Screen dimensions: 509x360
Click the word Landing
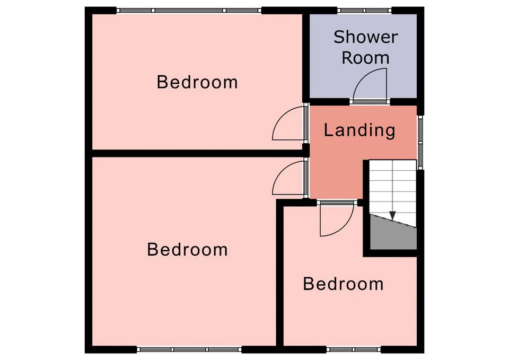click(x=359, y=130)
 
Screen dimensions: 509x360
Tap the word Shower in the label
click(x=366, y=37)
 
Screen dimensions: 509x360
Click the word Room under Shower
click(x=365, y=58)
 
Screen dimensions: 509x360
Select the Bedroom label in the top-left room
click(x=197, y=82)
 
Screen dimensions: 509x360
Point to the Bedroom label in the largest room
click(x=187, y=250)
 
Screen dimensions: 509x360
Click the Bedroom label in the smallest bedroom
click(x=344, y=284)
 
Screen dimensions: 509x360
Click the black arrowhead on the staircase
click(x=393, y=215)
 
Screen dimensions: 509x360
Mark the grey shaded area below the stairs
click(x=393, y=234)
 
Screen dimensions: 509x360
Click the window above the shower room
click(x=365, y=11)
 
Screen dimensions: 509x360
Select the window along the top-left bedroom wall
click(x=189, y=11)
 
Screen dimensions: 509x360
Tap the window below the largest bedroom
click(x=189, y=349)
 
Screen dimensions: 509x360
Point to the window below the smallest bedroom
click(x=354, y=349)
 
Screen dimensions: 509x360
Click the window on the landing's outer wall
click(x=420, y=142)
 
